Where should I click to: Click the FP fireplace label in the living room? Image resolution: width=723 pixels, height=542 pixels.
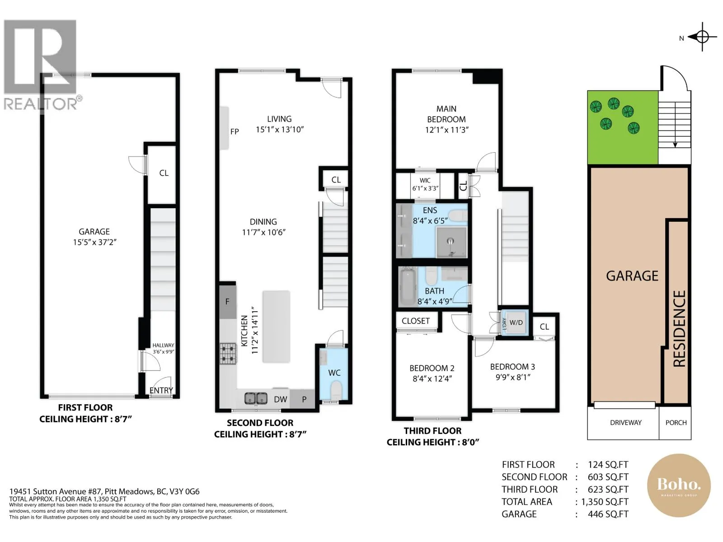(234, 131)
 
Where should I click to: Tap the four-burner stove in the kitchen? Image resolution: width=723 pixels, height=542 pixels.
(228, 354)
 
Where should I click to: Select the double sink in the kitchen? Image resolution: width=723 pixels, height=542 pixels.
(256, 398)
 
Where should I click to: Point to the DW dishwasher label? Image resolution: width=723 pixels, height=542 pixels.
(280, 399)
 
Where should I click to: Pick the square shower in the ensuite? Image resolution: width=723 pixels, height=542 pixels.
(451, 242)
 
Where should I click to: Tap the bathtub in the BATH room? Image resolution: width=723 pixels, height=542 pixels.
(408, 287)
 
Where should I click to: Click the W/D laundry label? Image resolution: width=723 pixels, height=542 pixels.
(516, 322)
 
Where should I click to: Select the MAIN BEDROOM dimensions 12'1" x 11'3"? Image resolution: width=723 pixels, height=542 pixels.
(446, 130)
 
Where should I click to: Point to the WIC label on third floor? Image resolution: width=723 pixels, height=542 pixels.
(425, 180)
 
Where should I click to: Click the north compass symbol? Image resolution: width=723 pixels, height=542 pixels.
(702, 37)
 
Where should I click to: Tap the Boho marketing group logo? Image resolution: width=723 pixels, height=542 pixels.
(679, 485)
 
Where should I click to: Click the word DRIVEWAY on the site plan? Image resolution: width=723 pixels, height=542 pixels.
(625, 423)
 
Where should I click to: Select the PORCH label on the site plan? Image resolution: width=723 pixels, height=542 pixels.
(676, 423)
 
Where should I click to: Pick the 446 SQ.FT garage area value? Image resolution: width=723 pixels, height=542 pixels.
(608, 514)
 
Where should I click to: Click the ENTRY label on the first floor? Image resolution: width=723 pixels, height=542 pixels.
(161, 390)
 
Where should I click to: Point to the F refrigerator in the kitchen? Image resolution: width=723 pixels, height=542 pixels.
(228, 301)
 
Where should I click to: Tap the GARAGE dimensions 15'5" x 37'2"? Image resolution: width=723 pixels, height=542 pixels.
(94, 242)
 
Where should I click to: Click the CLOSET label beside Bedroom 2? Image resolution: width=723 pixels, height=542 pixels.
(416, 321)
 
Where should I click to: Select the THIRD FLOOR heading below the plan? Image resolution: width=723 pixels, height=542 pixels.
(432, 431)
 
